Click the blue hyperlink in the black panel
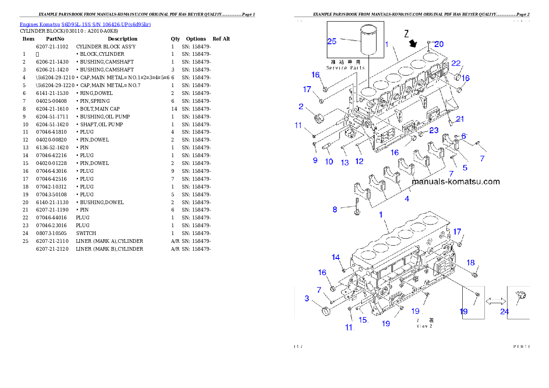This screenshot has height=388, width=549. tap(85, 24)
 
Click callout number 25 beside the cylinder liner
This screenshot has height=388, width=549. tap(332, 41)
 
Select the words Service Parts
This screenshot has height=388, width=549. tap(346, 68)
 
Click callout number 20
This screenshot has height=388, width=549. tap(439, 44)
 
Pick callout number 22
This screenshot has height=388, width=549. tap(456, 63)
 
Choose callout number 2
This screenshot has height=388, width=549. tap(301, 107)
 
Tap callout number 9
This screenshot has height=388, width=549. tap(315, 160)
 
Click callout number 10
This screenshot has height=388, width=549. tap(329, 162)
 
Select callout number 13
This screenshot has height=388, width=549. tap(345, 163)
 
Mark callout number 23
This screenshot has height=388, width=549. tap(434, 130)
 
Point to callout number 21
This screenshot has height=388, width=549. tap(459, 119)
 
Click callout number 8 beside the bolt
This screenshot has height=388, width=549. tap(335, 210)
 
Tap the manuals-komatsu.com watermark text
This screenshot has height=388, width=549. tap(455, 182)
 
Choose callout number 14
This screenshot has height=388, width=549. tap(335, 257)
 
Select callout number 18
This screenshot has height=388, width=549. tap(470, 263)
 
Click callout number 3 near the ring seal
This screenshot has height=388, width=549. tap(307, 299)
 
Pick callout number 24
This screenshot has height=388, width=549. tap(505, 312)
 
